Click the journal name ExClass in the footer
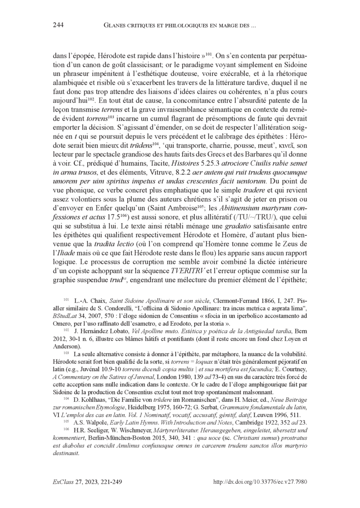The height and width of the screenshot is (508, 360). [x=63, y=481]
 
